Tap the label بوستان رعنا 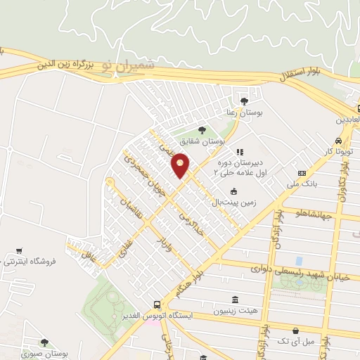tap(244, 113)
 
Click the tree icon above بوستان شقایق tap(202, 130)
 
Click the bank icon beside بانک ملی tap(302, 174)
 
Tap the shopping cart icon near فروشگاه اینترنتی tap(18, 250)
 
